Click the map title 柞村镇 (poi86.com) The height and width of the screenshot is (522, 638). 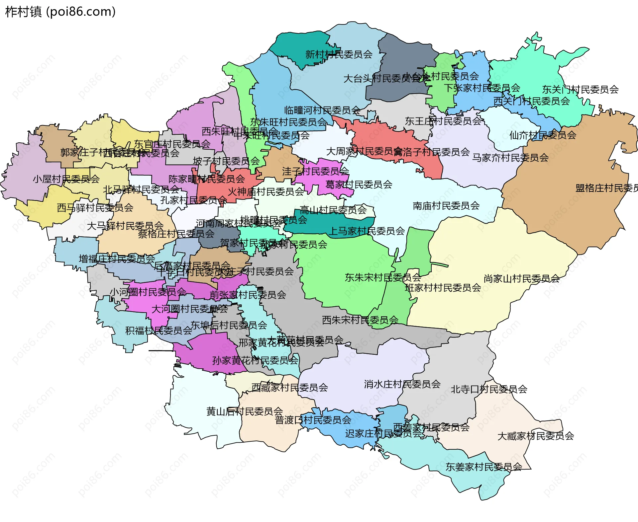(x=60, y=12)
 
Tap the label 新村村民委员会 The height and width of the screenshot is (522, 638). (x=339, y=54)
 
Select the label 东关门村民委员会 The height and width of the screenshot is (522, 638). (x=580, y=89)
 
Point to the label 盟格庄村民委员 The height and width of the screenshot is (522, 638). (x=606, y=188)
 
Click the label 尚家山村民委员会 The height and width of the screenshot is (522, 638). (x=522, y=278)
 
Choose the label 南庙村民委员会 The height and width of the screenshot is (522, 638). (x=446, y=206)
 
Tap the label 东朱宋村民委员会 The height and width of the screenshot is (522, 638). (x=383, y=277)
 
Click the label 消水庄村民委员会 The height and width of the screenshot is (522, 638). (x=402, y=384)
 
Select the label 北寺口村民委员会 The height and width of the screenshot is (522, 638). (x=489, y=389)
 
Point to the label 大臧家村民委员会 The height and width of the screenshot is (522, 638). (x=536, y=436)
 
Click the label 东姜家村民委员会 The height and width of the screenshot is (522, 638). (x=484, y=467)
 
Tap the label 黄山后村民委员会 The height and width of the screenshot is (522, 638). (x=245, y=411)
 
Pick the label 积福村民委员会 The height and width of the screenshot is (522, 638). (x=159, y=331)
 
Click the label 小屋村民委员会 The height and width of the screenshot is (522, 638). (x=66, y=179)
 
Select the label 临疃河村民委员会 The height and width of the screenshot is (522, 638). (x=322, y=110)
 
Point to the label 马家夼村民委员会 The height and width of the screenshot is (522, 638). (x=510, y=158)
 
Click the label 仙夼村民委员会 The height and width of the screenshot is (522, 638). (x=543, y=135)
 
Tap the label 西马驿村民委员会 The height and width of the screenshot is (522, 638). (x=95, y=208)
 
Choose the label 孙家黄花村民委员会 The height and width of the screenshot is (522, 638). (x=255, y=360)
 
